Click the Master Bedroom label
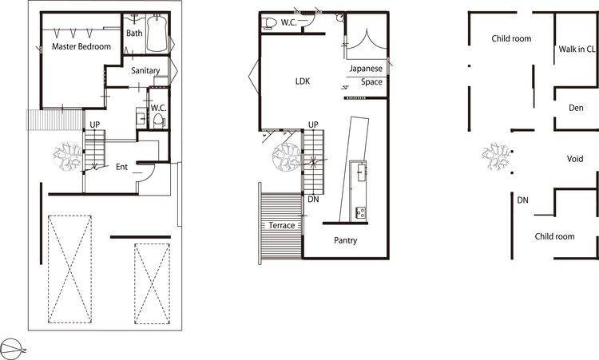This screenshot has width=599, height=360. [x=81, y=46]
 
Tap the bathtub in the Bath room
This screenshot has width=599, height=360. [x=157, y=34]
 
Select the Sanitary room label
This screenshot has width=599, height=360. [x=145, y=70]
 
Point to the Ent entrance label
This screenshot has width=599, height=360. [x=121, y=167]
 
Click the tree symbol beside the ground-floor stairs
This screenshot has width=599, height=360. [x=68, y=156]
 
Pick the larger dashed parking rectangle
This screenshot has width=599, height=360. [x=69, y=269]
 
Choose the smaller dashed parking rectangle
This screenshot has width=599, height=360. [x=152, y=283]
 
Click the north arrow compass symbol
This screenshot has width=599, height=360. [x=13, y=350]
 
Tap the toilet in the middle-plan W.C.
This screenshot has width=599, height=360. [x=270, y=23]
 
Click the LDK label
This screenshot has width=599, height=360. [x=303, y=81]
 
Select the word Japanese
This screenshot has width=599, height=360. [x=366, y=69]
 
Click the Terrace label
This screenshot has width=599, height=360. [x=282, y=225]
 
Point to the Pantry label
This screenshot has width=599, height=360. [x=345, y=240]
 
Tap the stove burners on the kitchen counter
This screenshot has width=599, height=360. [x=360, y=212]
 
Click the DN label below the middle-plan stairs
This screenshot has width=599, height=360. [x=313, y=200]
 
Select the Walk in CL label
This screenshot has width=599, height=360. [x=577, y=49]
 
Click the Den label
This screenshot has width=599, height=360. [x=576, y=108]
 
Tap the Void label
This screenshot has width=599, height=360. [x=575, y=159]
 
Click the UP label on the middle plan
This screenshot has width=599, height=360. [x=313, y=125]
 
